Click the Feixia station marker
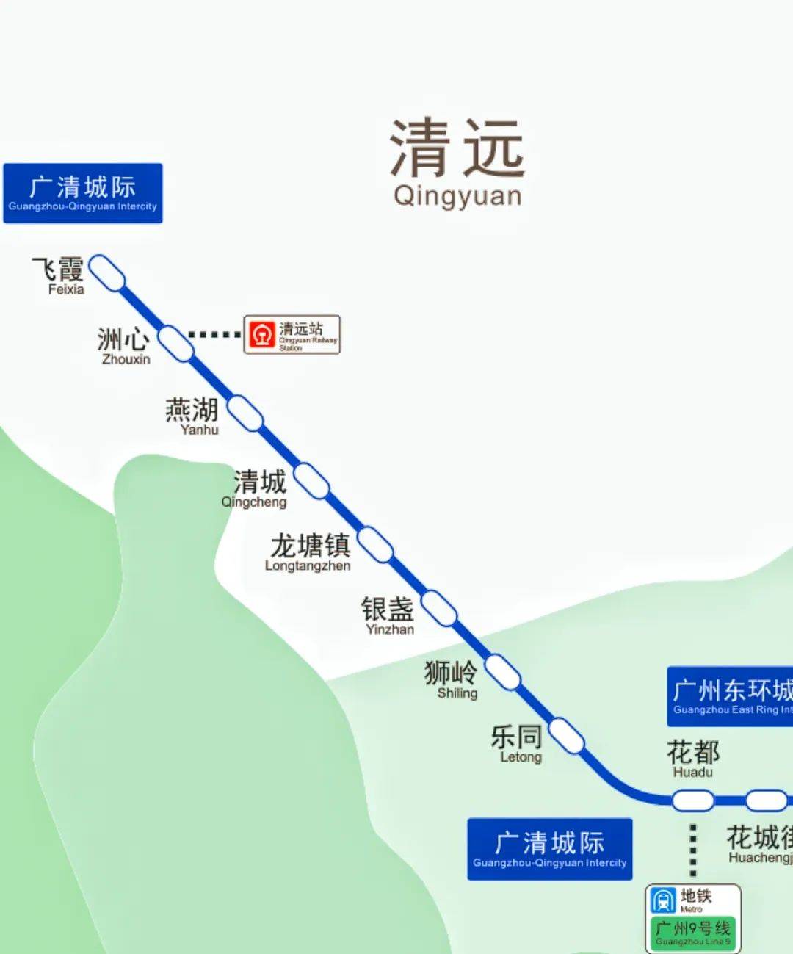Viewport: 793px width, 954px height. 107,272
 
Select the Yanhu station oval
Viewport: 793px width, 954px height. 245,413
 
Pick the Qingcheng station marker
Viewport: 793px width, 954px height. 312,481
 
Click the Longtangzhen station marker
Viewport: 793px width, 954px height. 375,544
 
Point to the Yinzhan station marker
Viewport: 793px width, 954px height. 439,608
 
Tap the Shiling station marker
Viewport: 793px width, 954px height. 503,672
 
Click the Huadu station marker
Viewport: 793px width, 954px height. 693,800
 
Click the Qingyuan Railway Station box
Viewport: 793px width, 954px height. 292,335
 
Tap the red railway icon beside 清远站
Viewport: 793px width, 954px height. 261,335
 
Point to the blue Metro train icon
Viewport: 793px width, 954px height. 663,900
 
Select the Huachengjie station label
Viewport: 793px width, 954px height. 760,844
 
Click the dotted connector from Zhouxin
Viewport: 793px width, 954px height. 214,335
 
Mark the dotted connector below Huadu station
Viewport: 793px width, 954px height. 692,850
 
